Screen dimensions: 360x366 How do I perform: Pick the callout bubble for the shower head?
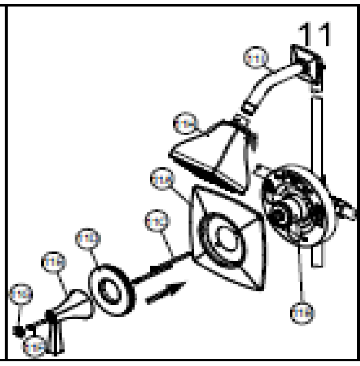186,123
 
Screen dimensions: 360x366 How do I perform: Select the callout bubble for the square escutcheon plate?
160,176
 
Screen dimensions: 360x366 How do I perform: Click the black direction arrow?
164,294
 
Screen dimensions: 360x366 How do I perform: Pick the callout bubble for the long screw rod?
156,222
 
